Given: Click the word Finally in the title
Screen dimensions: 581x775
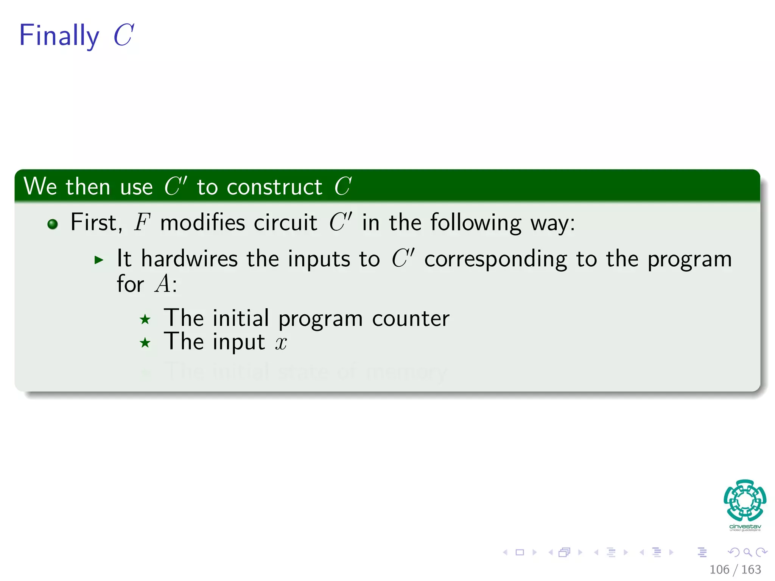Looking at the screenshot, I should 59,36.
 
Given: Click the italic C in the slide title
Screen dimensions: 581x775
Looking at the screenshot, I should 124,36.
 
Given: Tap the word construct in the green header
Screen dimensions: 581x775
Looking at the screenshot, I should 274,187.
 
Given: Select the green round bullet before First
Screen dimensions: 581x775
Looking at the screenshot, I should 53,224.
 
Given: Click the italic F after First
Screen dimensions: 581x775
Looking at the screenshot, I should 142,222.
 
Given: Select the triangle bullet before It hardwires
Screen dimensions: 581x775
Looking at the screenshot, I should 99,260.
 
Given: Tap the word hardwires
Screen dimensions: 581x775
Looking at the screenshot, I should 189,259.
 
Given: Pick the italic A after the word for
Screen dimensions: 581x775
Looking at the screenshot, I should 163,284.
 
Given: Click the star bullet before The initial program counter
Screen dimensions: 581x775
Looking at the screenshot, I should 145,320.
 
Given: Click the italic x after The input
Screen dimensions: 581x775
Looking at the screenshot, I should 281,343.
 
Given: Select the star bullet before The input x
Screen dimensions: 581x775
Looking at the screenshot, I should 145,343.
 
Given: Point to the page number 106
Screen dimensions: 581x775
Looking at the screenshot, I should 719,570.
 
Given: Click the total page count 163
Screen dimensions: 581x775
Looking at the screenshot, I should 751,570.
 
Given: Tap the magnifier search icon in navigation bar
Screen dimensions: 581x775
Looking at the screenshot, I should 747,552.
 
